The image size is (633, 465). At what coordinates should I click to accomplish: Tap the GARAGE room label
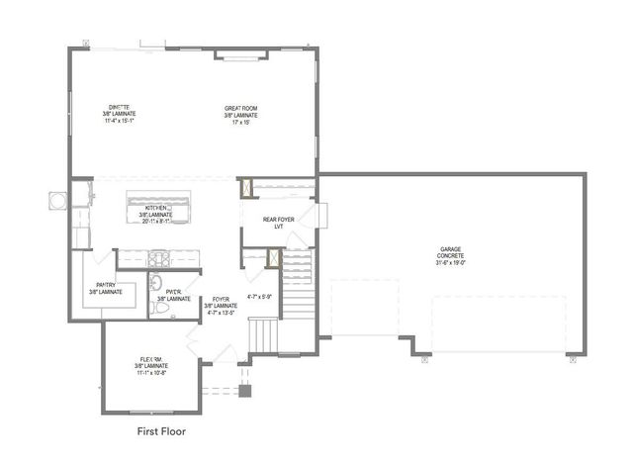[450, 248]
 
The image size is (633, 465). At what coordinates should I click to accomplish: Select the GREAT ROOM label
[242, 107]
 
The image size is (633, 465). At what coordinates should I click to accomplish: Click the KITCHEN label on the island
[155, 208]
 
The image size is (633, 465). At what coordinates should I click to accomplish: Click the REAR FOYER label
[279, 219]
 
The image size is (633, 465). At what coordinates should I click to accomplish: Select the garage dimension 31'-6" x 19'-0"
[450, 262]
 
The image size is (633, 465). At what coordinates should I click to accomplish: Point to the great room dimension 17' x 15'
[242, 122]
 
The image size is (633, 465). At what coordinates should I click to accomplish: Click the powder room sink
[156, 286]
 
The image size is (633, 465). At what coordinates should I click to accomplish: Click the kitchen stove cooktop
[158, 259]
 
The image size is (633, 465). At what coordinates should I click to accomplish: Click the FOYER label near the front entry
[222, 300]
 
